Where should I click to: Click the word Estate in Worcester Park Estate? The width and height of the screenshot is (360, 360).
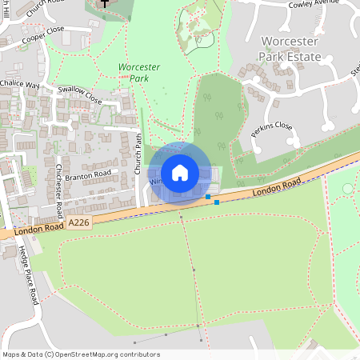[x=302, y=57]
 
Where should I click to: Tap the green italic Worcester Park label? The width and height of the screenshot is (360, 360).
[x=135, y=72]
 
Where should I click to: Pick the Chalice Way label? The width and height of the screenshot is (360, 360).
[x=20, y=84]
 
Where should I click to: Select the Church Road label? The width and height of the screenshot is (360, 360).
[x=43, y=8]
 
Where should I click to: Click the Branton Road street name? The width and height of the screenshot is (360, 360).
[x=88, y=174]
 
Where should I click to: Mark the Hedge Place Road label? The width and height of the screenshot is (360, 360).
[x=28, y=272]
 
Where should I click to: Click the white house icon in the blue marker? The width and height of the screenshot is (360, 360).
[x=180, y=172]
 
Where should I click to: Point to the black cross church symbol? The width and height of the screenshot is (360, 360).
[x=103, y=4]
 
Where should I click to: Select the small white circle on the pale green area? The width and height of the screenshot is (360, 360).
[x=347, y=188]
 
